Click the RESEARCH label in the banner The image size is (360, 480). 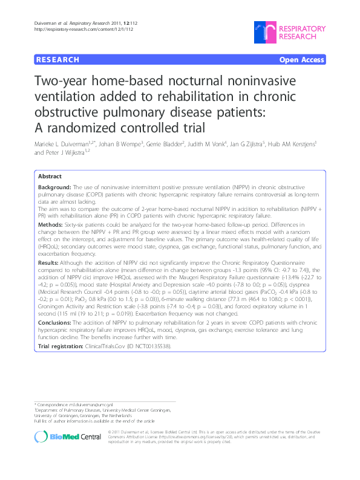click(57, 60)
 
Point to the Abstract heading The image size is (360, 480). click(50, 176)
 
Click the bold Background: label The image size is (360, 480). click(54, 188)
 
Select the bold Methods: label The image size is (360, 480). click(50, 224)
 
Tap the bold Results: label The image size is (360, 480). click(48, 264)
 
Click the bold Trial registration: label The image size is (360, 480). click(62, 347)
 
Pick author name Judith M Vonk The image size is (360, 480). click(207, 146)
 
